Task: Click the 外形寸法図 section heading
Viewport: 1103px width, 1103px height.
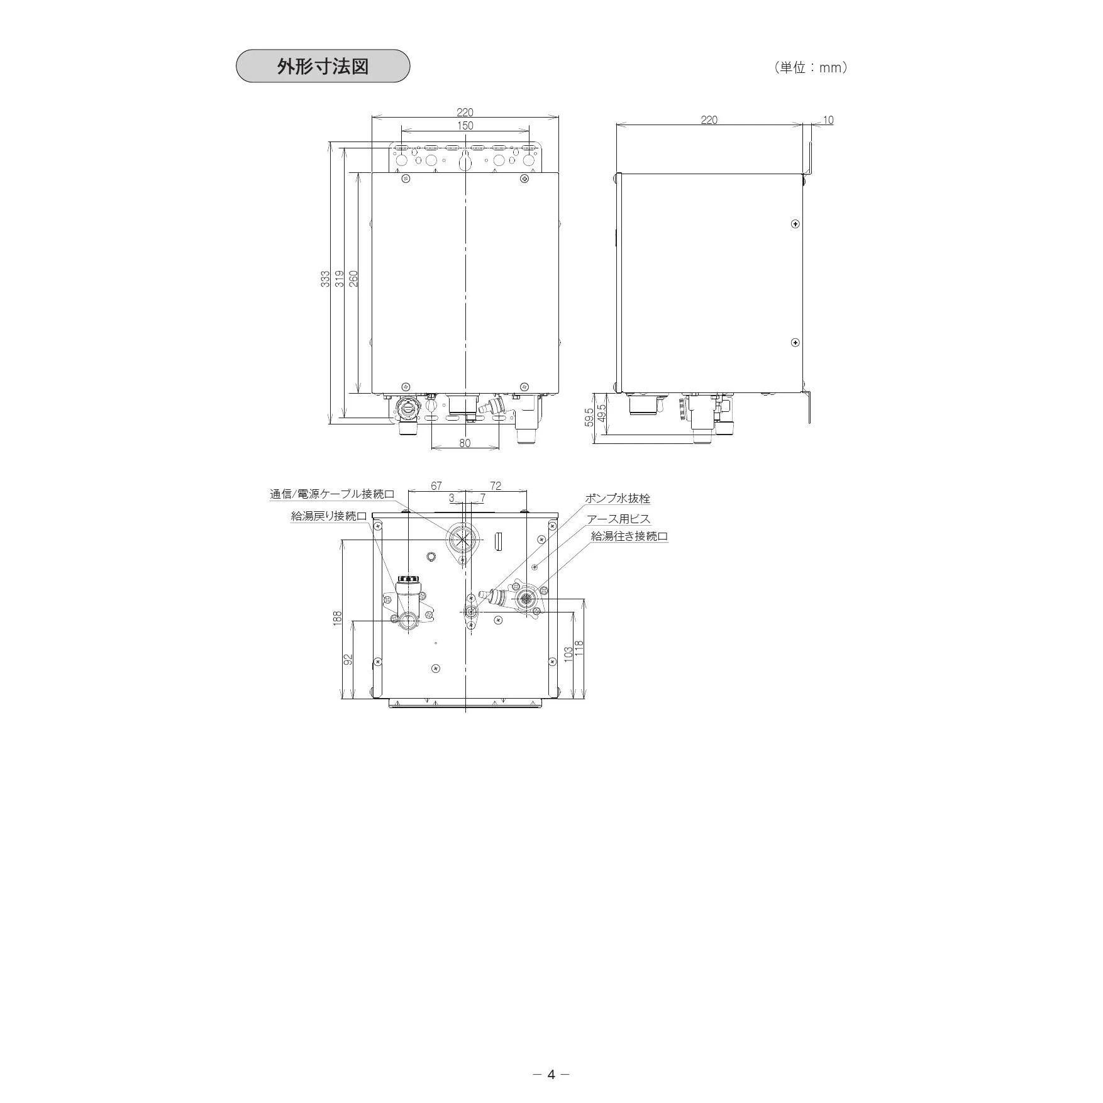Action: pos(323,67)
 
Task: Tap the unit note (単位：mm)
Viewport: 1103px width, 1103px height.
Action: pos(811,68)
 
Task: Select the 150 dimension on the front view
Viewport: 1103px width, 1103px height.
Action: pos(465,126)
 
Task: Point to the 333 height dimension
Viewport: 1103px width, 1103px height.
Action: pos(325,279)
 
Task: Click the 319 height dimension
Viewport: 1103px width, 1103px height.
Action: pos(340,279)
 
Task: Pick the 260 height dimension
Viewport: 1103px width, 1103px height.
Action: pos(353,279)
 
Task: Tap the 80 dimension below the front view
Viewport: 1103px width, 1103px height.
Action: pos(465,443)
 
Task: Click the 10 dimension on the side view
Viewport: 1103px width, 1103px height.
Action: pos(828,120)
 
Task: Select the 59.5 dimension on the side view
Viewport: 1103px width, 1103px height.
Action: pos(589,416)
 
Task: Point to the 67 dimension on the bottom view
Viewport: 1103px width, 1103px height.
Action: pos(436,486)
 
